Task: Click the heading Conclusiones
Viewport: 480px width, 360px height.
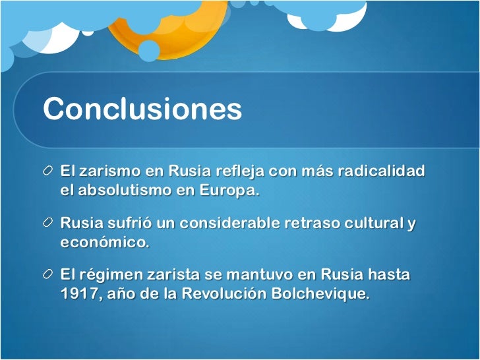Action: click(142, 109)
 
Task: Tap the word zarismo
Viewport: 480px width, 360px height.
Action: click(106, 171)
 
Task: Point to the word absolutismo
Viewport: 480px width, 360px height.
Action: click(125, 191)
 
